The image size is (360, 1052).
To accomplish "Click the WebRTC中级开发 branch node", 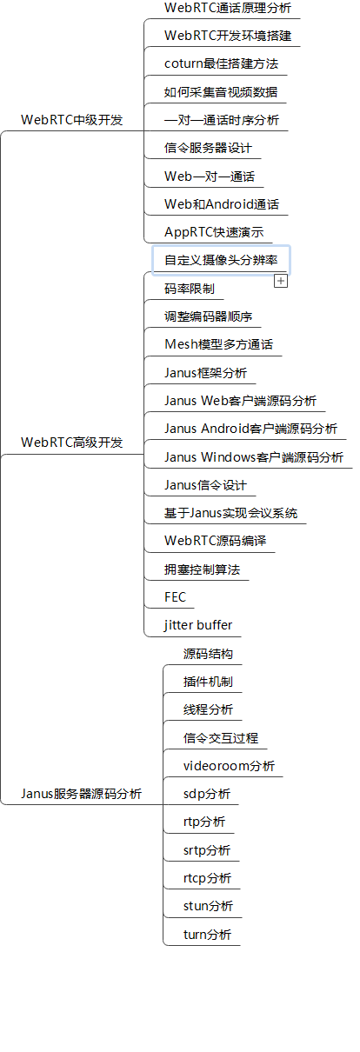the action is (x=71, y=120).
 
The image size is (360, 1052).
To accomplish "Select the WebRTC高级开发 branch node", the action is (x=71, y=443).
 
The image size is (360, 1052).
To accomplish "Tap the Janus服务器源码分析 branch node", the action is (x=81, y=794).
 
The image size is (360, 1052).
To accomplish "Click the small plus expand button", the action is (x=281, y=281).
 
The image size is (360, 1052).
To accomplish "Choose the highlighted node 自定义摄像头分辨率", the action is (x=221, y=260).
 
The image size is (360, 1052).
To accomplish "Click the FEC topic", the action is (x=175, y=597).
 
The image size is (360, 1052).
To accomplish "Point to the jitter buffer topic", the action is (x=198, y=625).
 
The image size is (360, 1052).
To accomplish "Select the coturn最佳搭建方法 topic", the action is (x=221, y=63).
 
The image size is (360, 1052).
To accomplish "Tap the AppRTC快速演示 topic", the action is (x=214, y=232).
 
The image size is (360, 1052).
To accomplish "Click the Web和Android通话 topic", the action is (x=222, y=203).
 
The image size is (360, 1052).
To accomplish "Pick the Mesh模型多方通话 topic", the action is (x=218, y=344).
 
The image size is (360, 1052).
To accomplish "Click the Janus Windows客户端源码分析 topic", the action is (x=253, y=457).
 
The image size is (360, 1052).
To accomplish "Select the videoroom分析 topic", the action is (x=229, y=766).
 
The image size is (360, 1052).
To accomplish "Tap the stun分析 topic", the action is (x=208, y=906).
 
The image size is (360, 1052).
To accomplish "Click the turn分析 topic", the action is (x=207, y=934).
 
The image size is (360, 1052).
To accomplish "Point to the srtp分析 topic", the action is (x=206, y=850).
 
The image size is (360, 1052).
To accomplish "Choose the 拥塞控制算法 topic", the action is (x=202, y=569).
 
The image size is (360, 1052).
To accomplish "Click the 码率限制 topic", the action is (x=189, y=289).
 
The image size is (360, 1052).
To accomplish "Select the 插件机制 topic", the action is (x=208, y=682).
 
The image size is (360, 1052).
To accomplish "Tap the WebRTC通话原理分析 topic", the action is (x=228, y=8).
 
